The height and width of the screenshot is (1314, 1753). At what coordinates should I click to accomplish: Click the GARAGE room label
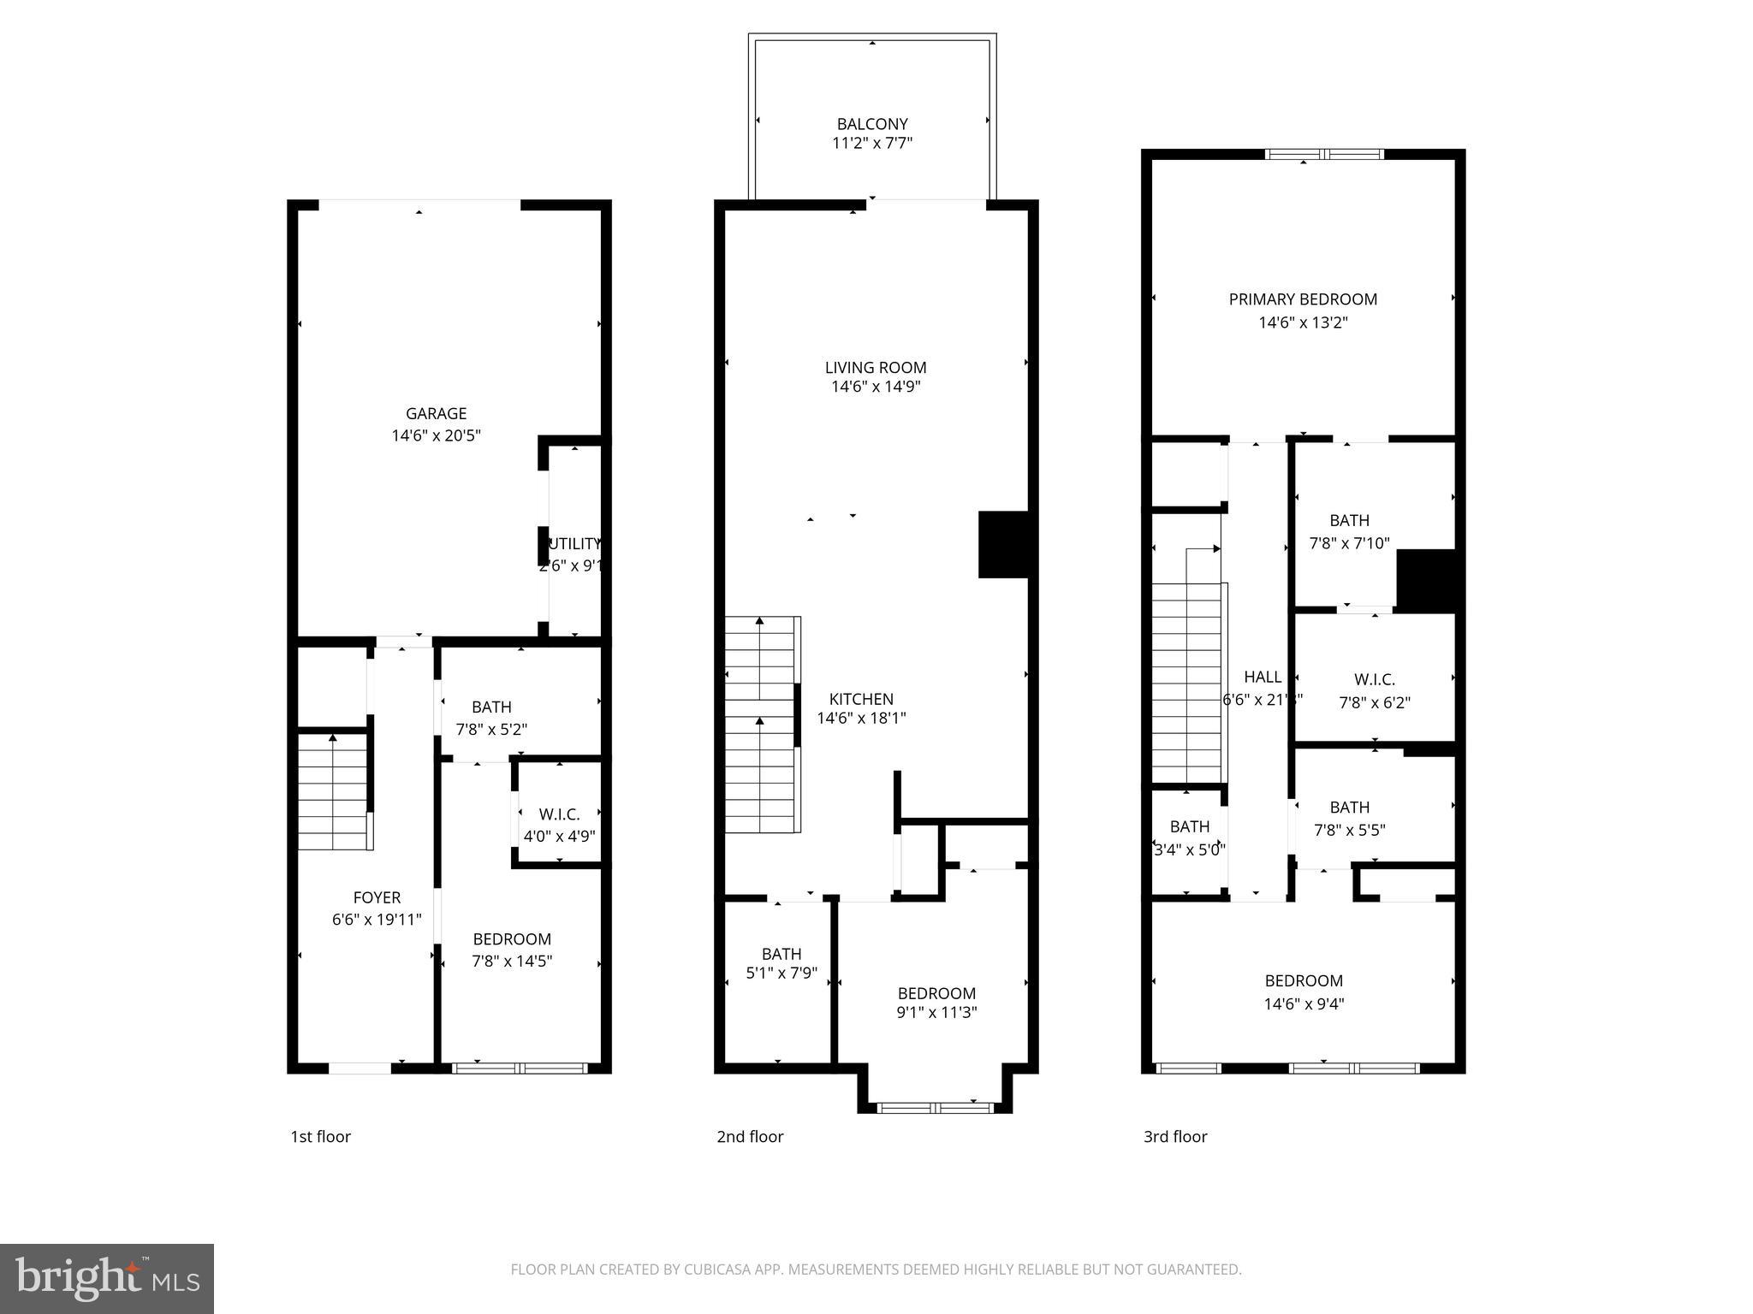click(436, 413)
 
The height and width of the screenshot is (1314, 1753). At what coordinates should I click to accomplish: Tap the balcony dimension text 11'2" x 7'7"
click(872, 143)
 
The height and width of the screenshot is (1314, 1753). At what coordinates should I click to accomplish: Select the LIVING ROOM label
click(876, 367)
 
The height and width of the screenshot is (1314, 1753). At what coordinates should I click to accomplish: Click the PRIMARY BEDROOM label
click(1303, 299)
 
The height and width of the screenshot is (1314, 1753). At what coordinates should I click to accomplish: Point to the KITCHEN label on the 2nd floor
click(861, 699)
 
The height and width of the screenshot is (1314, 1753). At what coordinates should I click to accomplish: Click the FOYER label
click(377, 897)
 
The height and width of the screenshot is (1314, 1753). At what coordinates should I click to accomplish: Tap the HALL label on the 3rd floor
click(1263, 677)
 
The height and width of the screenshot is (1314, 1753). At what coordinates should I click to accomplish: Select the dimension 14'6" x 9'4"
click(1304, 1003)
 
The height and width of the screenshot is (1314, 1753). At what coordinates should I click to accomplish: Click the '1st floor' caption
click(320, 1136)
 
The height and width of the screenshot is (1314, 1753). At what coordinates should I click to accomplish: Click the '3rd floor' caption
click(1175, 1136)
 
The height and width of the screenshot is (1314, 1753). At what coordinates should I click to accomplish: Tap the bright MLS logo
click(107, 1278)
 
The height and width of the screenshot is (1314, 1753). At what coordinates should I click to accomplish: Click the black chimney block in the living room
click(1002, 544)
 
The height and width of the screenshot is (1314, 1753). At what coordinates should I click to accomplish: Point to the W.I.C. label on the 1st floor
click(559, 814)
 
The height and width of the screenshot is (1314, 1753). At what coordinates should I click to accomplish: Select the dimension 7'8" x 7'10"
click(1349, 542)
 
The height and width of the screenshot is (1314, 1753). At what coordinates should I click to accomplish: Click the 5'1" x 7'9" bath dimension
click(781, 973)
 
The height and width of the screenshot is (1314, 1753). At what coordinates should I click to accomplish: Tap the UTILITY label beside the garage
click(574, 544)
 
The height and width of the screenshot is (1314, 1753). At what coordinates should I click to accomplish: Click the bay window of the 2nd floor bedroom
click(936, 1108)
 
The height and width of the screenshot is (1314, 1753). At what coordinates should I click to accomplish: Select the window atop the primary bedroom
click(1323, 155)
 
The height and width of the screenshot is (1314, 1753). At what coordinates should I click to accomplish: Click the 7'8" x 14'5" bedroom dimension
click(512, 961)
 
